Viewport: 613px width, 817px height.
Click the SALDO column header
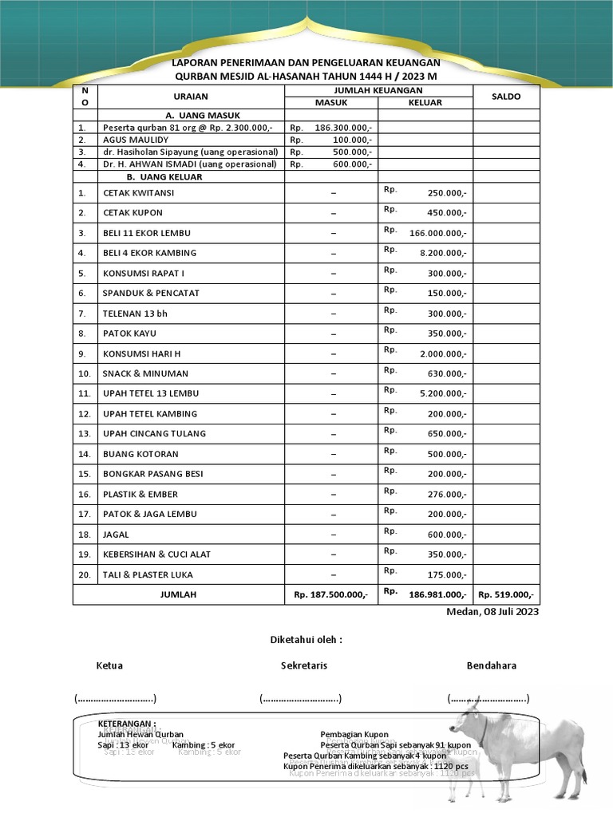click(x=506, y=97)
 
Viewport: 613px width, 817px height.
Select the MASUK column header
click(x=331, y=103)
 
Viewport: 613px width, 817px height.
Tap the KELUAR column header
click(x=425, y=103)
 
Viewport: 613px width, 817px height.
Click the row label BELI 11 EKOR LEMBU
click(x=146, y=233)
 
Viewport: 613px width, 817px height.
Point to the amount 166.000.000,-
click(x=437, y=233)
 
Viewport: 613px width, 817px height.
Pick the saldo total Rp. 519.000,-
click(x=506, y=594)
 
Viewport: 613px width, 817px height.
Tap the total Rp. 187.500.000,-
click(x=330, y=594)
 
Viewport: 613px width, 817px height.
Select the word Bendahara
click(x=491, y=665)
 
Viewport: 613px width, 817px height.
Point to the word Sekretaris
click(x=303, y=665)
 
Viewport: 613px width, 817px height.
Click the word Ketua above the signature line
click(x=109, y=665)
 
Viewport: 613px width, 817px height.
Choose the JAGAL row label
click(x=116, y=534)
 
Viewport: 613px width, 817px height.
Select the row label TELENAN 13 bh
click(x=135, y=314)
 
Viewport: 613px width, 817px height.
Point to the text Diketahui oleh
click(x=306, y=640)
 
